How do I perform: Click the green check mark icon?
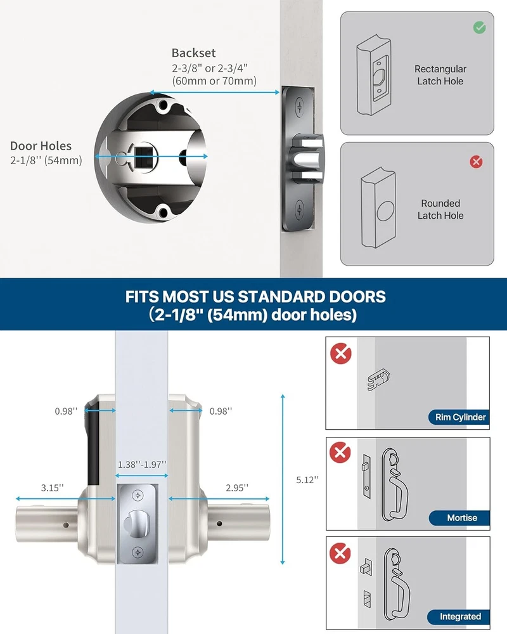point(480,27)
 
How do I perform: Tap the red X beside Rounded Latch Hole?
point(477,162)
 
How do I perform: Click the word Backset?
point(194,53)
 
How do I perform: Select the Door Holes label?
point(41,146)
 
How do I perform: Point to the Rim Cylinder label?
point(460,417)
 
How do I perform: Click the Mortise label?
point(462,518)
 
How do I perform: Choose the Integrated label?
point(460,617)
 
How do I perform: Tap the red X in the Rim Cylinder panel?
point(341,354)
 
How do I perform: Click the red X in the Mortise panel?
point(340,453)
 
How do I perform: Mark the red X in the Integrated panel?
point(340,553)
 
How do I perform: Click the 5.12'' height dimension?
point(307,480)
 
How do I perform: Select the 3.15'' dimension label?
point(52,488)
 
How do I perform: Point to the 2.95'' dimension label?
point(237,488)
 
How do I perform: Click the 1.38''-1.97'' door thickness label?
point(142,465)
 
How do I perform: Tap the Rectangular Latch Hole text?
point(440,75)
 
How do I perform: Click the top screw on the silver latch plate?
point(138,496)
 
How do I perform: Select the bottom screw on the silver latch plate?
point(138,552)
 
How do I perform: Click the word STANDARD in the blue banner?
point(281,297)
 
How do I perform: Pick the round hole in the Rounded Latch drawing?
point(385,211)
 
